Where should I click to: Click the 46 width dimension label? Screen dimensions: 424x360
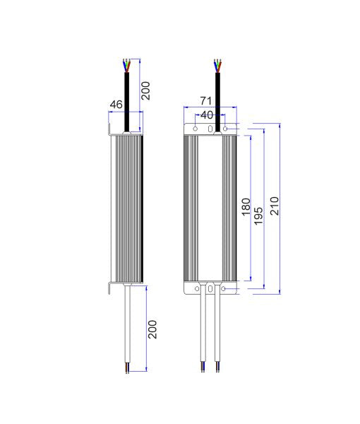coord(116,105)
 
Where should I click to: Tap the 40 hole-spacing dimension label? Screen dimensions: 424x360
coord(208,114)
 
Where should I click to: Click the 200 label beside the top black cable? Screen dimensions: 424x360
coord(145,90)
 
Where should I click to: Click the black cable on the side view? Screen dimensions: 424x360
coord(126,99)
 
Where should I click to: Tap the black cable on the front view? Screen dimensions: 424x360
coord(217,99)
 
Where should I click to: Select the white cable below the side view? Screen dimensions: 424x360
coord(127,325)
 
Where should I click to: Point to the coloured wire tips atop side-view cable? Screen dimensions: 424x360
coord(126,65)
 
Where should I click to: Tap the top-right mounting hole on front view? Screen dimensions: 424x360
coord(226,129)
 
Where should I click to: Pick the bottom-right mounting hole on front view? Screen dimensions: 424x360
coord(226,289)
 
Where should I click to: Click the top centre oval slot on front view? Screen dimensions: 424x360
coord(210,128)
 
